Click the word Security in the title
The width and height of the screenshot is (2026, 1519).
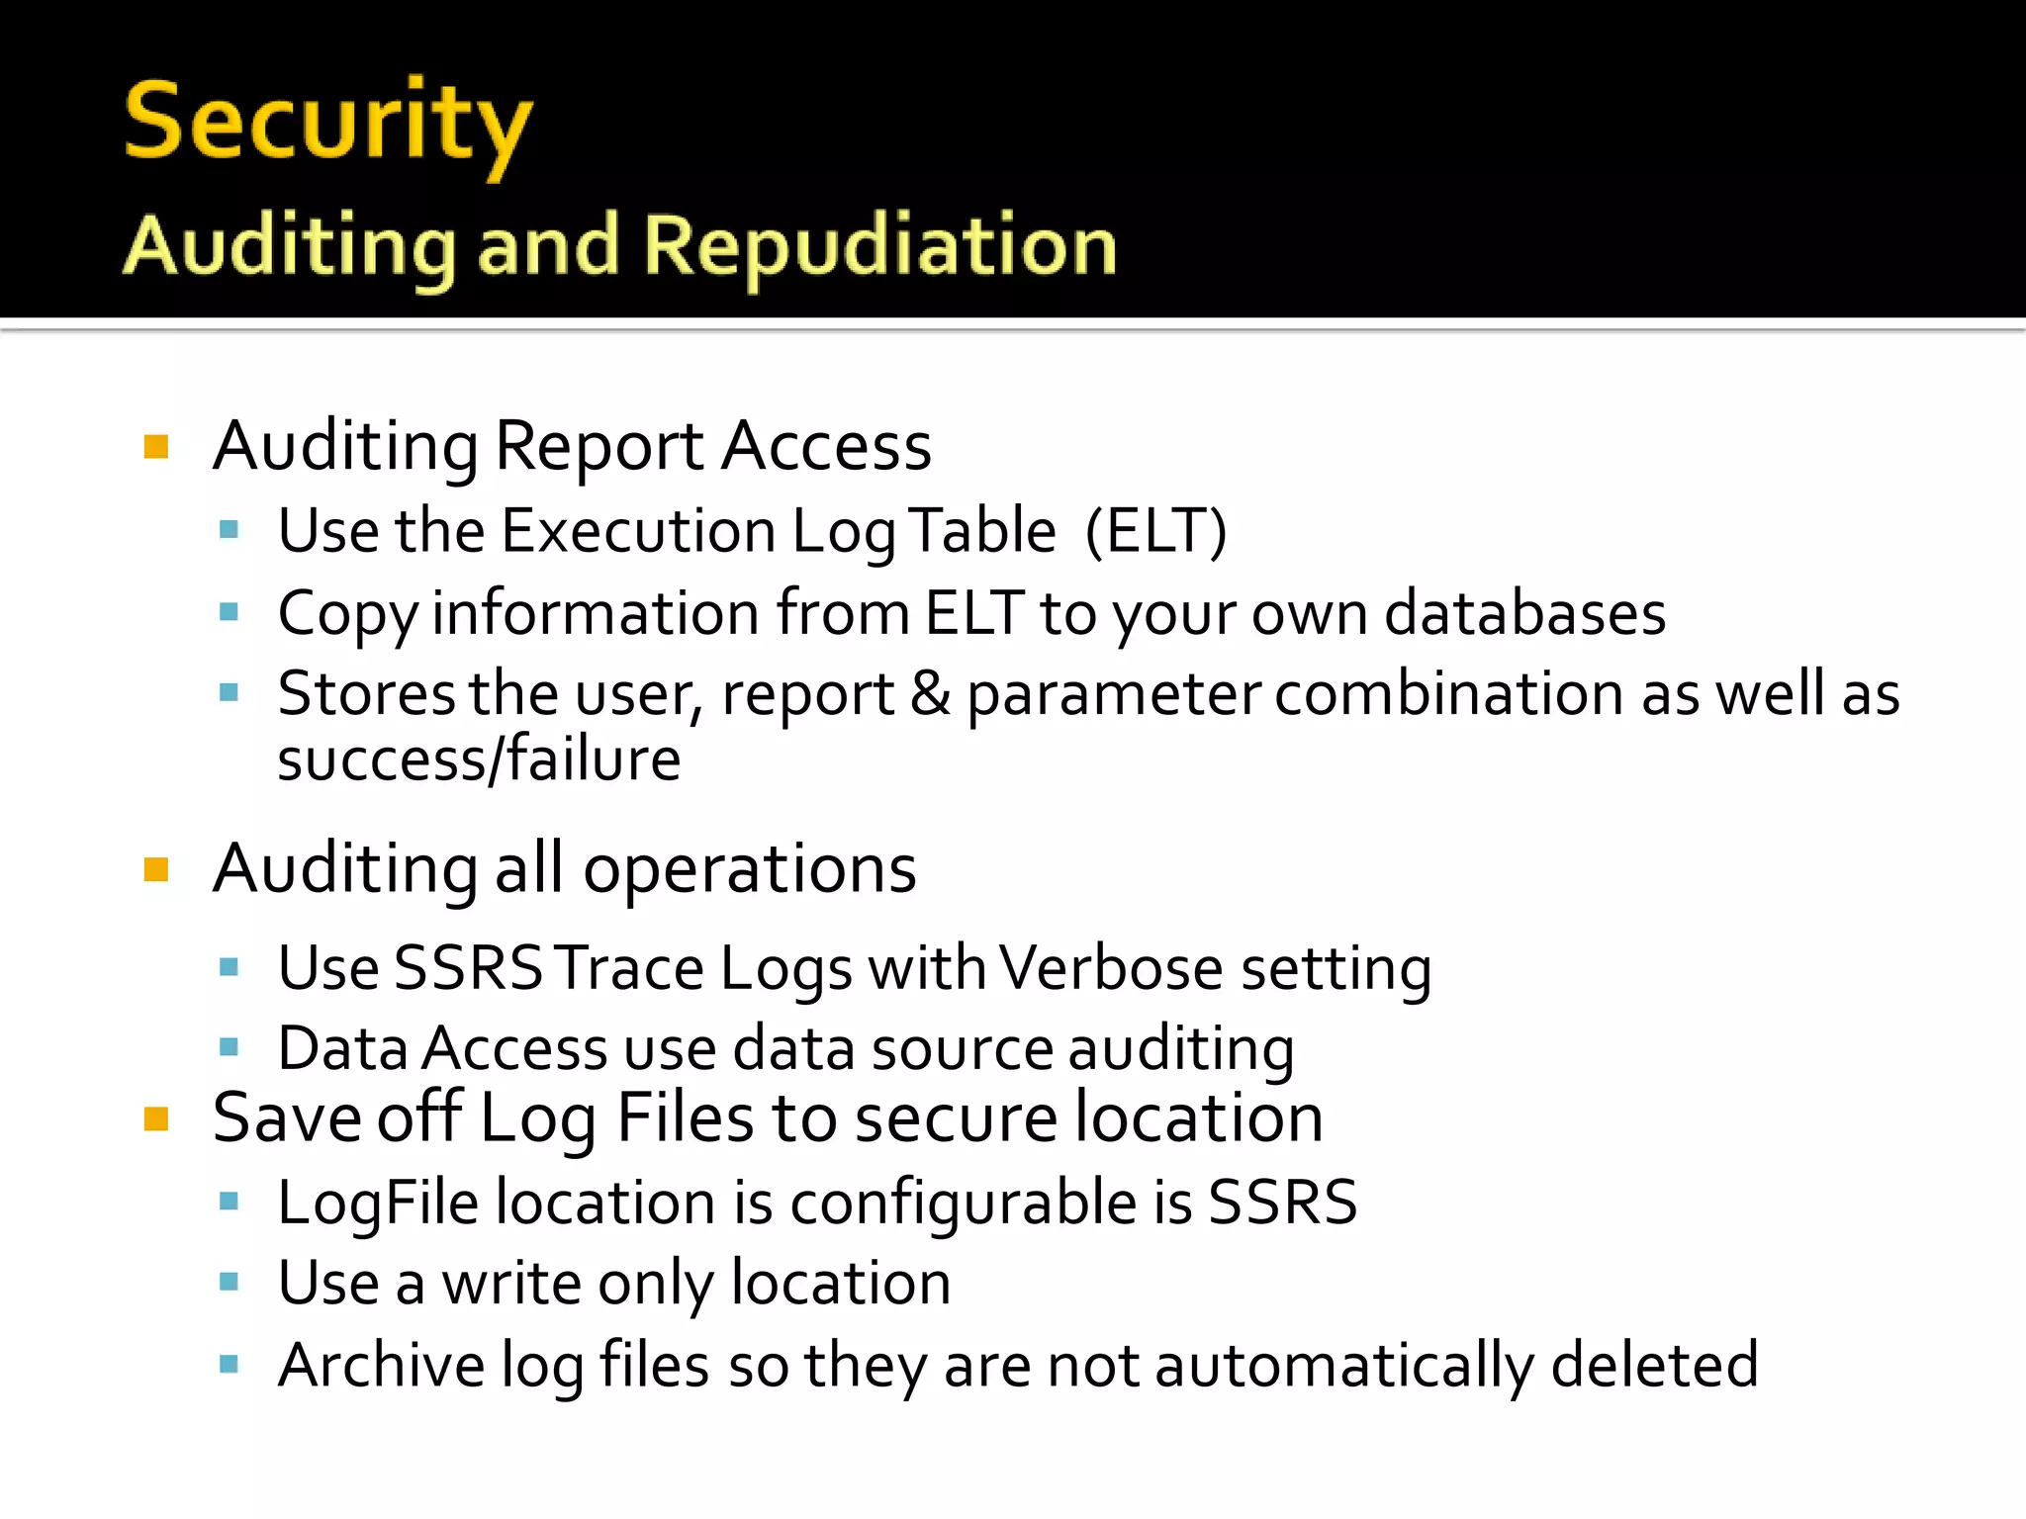(327, 124)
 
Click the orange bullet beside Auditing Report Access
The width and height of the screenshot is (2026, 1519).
(156, 447)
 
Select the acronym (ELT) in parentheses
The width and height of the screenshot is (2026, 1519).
(1155, 531)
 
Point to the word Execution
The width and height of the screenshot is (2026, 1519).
(638, 531)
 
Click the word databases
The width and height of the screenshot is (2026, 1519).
(1524, 613)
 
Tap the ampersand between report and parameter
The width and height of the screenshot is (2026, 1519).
(930, 693)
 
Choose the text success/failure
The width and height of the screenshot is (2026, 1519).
(479, 759)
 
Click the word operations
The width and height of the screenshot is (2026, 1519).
(749, 869)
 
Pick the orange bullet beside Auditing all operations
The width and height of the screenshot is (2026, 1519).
(156, 870)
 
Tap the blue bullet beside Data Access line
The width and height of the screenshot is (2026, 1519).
(230, 1047)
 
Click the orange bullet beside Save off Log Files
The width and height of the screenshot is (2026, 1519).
(156, 1119)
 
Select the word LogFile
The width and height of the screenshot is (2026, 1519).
(379, 1204)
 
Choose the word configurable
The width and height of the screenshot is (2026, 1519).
(963, 1204)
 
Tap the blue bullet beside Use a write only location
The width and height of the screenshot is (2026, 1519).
(230, 1283)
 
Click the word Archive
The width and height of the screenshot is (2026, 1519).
(381, 1365)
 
